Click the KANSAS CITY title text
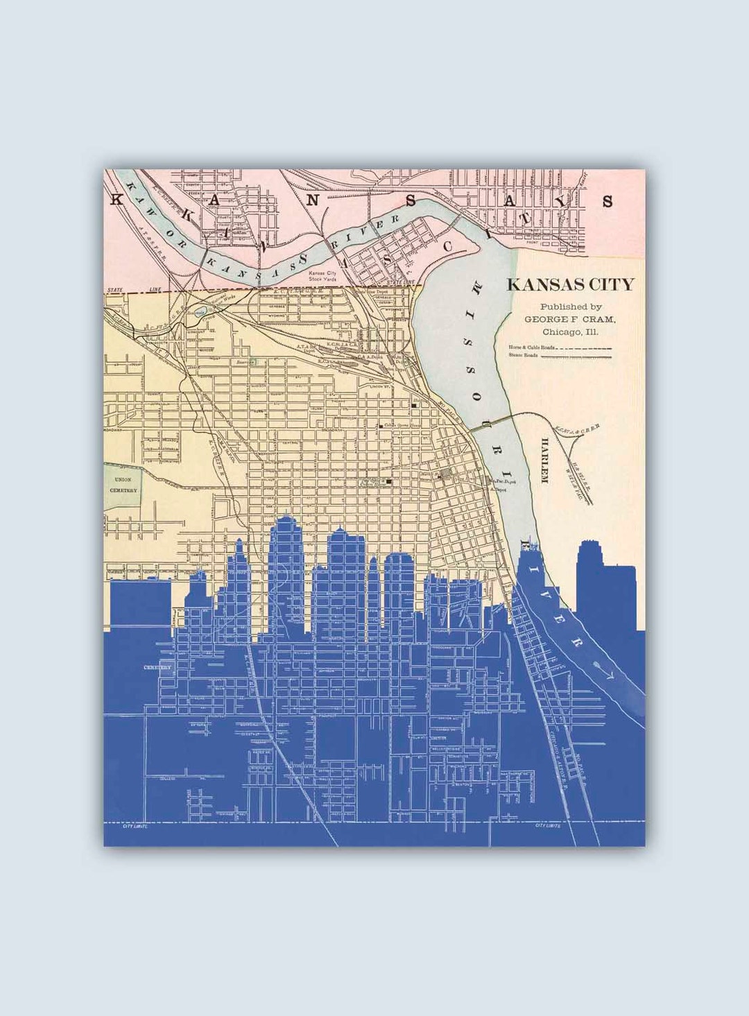click(x=570, y=284)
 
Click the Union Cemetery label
click(x=122, y=484)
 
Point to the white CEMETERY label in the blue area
click(x=157, y=667)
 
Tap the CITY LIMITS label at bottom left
click(x=136, y=826)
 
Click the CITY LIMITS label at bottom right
click(x=548, y=825)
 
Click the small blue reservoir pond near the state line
click(x=200, y=313)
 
